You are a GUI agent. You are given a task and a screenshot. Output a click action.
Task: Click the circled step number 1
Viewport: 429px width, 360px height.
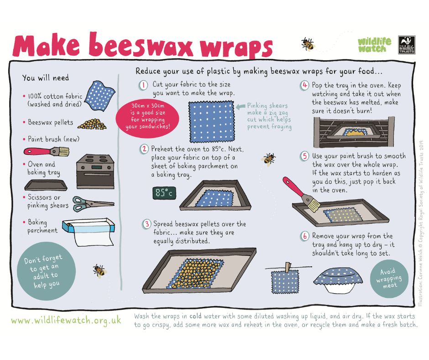pyautogui.click(x=143, y=85)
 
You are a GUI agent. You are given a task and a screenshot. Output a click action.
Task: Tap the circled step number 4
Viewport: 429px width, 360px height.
pyautogui.click(x=304, y=85)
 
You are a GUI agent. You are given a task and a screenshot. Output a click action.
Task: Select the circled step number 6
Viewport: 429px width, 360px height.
pyautogui.click(x=304, y=236)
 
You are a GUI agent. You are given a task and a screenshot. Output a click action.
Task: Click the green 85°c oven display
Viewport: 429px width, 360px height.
pyautogui.click(x=164, y=193)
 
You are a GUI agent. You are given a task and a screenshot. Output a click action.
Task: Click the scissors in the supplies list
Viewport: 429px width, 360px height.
pyautogui.click(x=93, y=204)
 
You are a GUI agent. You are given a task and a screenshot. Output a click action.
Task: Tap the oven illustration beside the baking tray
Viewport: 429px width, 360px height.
pyautogui.click(x=95, y=171)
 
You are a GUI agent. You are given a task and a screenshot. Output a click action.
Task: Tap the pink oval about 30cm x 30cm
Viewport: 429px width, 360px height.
pyautogui.click(x=147, y=116)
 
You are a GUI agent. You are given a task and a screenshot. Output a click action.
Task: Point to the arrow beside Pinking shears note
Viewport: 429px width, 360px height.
pyautogui.click(x=241, y=106)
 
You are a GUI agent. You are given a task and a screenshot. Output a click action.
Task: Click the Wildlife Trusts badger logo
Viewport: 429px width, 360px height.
pyautogui.click(x=406, y=45)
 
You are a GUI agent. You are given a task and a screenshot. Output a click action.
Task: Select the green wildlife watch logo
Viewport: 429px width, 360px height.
pyautogui.click(x=374, y=45)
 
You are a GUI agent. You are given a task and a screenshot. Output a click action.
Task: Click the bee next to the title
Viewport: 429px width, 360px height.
pyautogui.click(x=308, y=44)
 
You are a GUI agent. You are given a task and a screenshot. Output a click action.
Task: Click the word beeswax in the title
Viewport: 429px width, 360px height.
pyautogui.click(x=141, y=45)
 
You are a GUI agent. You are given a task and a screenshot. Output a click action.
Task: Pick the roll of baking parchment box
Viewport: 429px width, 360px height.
pyautogui.click(x=89, y=232)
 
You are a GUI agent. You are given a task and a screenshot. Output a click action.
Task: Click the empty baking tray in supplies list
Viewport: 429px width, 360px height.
pyautogui.click(x=46, y=185)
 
